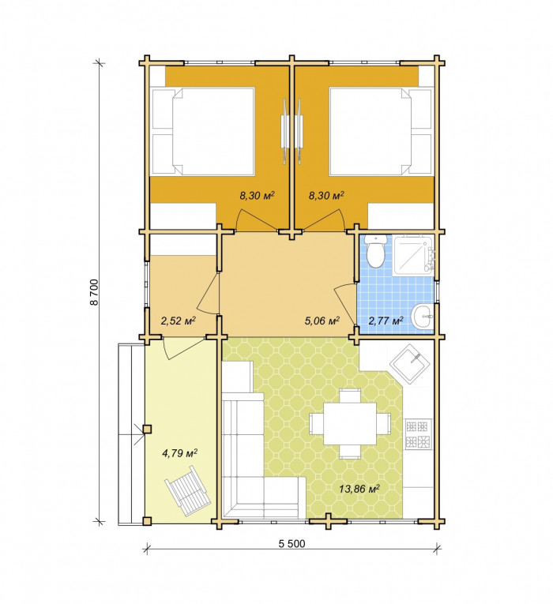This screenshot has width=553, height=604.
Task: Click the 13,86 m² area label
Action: [x=359, y=489]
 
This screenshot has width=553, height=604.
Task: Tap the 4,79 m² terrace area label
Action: [x=179, y=453]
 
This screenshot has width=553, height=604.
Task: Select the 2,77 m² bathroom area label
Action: [x=386, y=321]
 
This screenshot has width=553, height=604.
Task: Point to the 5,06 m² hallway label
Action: [x=322, y=321]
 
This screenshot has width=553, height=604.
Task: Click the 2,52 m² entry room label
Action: [x=178, y=321]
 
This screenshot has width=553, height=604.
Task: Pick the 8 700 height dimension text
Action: [x=95, y=292]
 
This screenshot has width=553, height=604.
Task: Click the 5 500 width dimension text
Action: [x=292, y=543]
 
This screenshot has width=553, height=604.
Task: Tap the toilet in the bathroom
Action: [x=375, y=251]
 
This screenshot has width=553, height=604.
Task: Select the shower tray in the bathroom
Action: [x=413, y=256]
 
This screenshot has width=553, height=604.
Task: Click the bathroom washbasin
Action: [x=423, y=317]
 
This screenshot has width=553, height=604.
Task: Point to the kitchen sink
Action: [x=410, y=364]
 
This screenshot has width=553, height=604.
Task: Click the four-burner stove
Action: [x=418, y=434]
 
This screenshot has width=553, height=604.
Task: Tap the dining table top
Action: [x=350, y=424]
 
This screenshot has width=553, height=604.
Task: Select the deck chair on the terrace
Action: [x=188, y=491]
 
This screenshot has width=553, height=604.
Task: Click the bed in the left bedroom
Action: [x=203, y=131]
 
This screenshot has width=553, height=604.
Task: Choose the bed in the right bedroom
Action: [x=381, y=131]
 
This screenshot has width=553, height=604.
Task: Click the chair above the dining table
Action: [x=350, y=396]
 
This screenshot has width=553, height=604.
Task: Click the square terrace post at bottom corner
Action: [x=146, y=521]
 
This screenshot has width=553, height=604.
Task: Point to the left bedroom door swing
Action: [x=254, y=218]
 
